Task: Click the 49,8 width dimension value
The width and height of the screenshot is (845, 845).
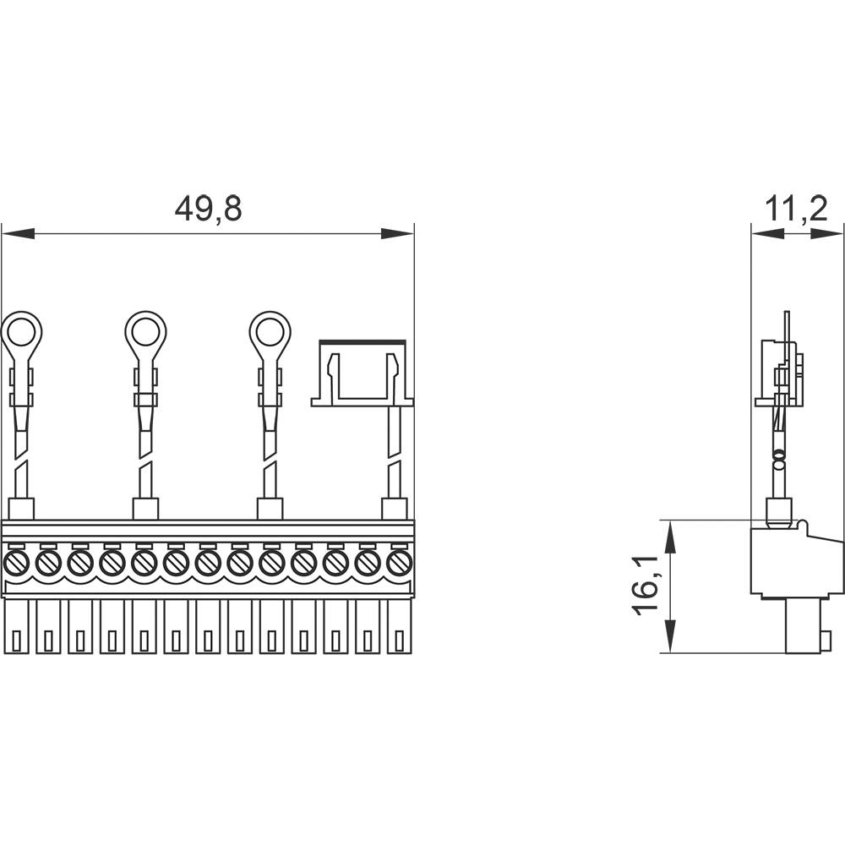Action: point(208,209)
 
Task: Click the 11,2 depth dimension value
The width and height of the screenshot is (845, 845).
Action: point(796,209)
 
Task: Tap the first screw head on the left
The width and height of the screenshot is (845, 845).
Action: point(16,562)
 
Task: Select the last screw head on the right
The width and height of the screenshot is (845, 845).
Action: point(399,562)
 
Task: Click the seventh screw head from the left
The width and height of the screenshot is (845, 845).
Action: point(208,562)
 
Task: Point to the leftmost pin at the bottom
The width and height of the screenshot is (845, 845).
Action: point(16,626)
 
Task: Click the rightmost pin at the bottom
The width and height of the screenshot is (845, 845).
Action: point(399,626)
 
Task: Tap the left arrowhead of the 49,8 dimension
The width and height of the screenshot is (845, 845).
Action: point(17,233)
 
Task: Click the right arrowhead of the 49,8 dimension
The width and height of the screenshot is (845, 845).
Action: point(398,233)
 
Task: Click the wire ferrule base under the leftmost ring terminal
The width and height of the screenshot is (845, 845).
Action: point(21,509)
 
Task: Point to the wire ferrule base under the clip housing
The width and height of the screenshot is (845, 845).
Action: point(394,509)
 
